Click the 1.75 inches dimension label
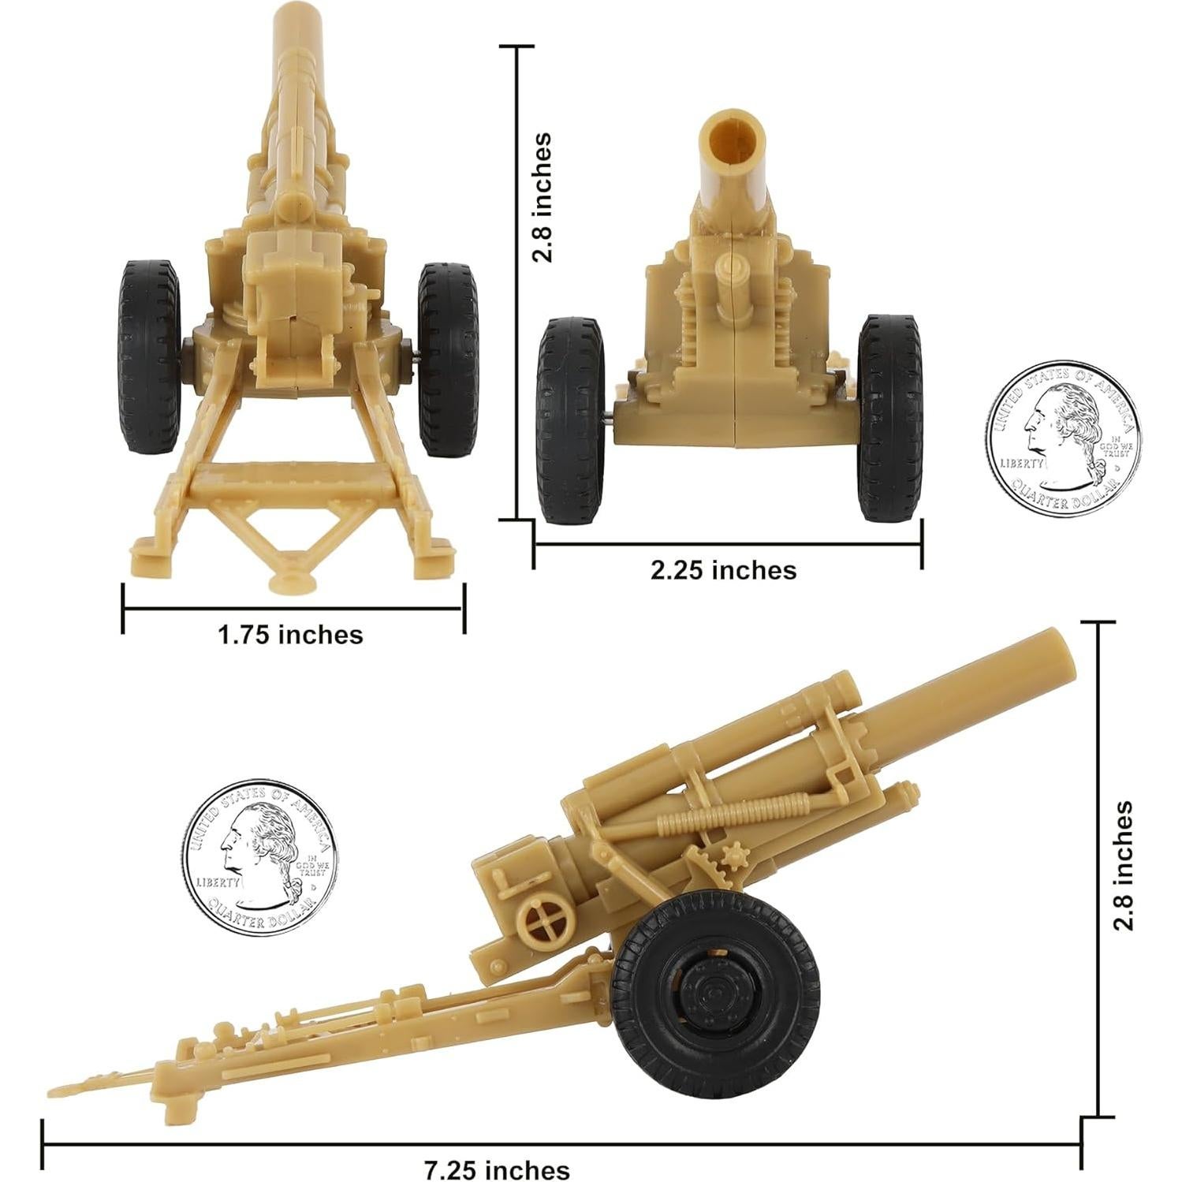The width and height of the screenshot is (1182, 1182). click(290, 635)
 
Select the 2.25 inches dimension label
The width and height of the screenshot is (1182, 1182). click(723, 570)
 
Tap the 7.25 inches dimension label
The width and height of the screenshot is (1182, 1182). click(497, 1169)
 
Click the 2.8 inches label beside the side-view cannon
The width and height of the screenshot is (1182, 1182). click(1123, 865)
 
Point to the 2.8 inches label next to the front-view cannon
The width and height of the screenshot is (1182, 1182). click(542, 197)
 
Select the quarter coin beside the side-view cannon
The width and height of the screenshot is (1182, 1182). click(259, 856)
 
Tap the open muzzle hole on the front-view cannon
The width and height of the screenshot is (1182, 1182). click(733, 139)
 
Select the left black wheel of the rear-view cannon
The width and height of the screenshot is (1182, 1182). click(149, 357)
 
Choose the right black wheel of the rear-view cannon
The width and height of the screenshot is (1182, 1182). click(448, 360)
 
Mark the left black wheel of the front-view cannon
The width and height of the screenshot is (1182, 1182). click(570, 419)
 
